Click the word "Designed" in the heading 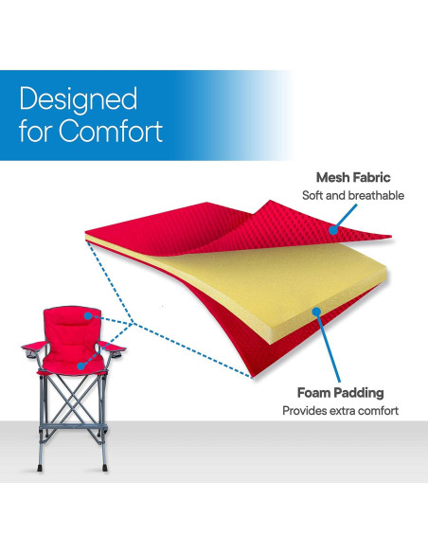click(79, 98)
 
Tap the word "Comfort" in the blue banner click(112, 131)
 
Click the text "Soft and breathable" click(353, 195)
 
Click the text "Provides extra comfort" click(340, 411)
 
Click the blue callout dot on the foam click(314, 312)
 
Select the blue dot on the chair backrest click(86, 316)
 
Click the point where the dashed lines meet click(136, 325)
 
